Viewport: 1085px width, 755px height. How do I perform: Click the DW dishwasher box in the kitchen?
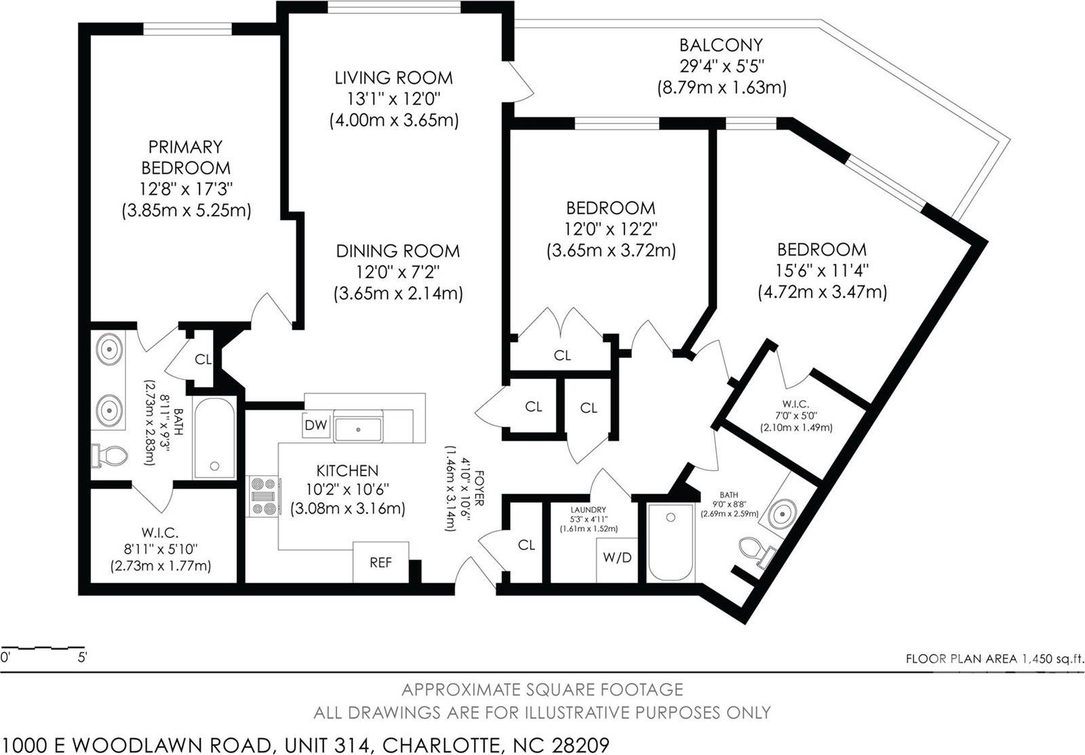[x=316, y=426]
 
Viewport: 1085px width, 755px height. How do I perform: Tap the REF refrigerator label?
[x=380, y=562]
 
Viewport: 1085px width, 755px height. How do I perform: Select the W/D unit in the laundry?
[x=617, y=558]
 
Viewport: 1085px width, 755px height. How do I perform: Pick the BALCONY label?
[x=721, y=45]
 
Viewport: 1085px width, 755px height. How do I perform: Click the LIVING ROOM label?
[x=394, y=77]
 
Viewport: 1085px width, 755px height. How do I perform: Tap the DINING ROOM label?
[x=398, y=251]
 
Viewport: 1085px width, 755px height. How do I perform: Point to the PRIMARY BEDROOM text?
[x=185, y=157]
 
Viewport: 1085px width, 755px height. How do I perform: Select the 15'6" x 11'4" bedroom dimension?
[x=822, y=271]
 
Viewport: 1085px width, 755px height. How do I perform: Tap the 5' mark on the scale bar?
[x=83, y=657]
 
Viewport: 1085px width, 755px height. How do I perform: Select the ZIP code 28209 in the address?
[x=580, y=745]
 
